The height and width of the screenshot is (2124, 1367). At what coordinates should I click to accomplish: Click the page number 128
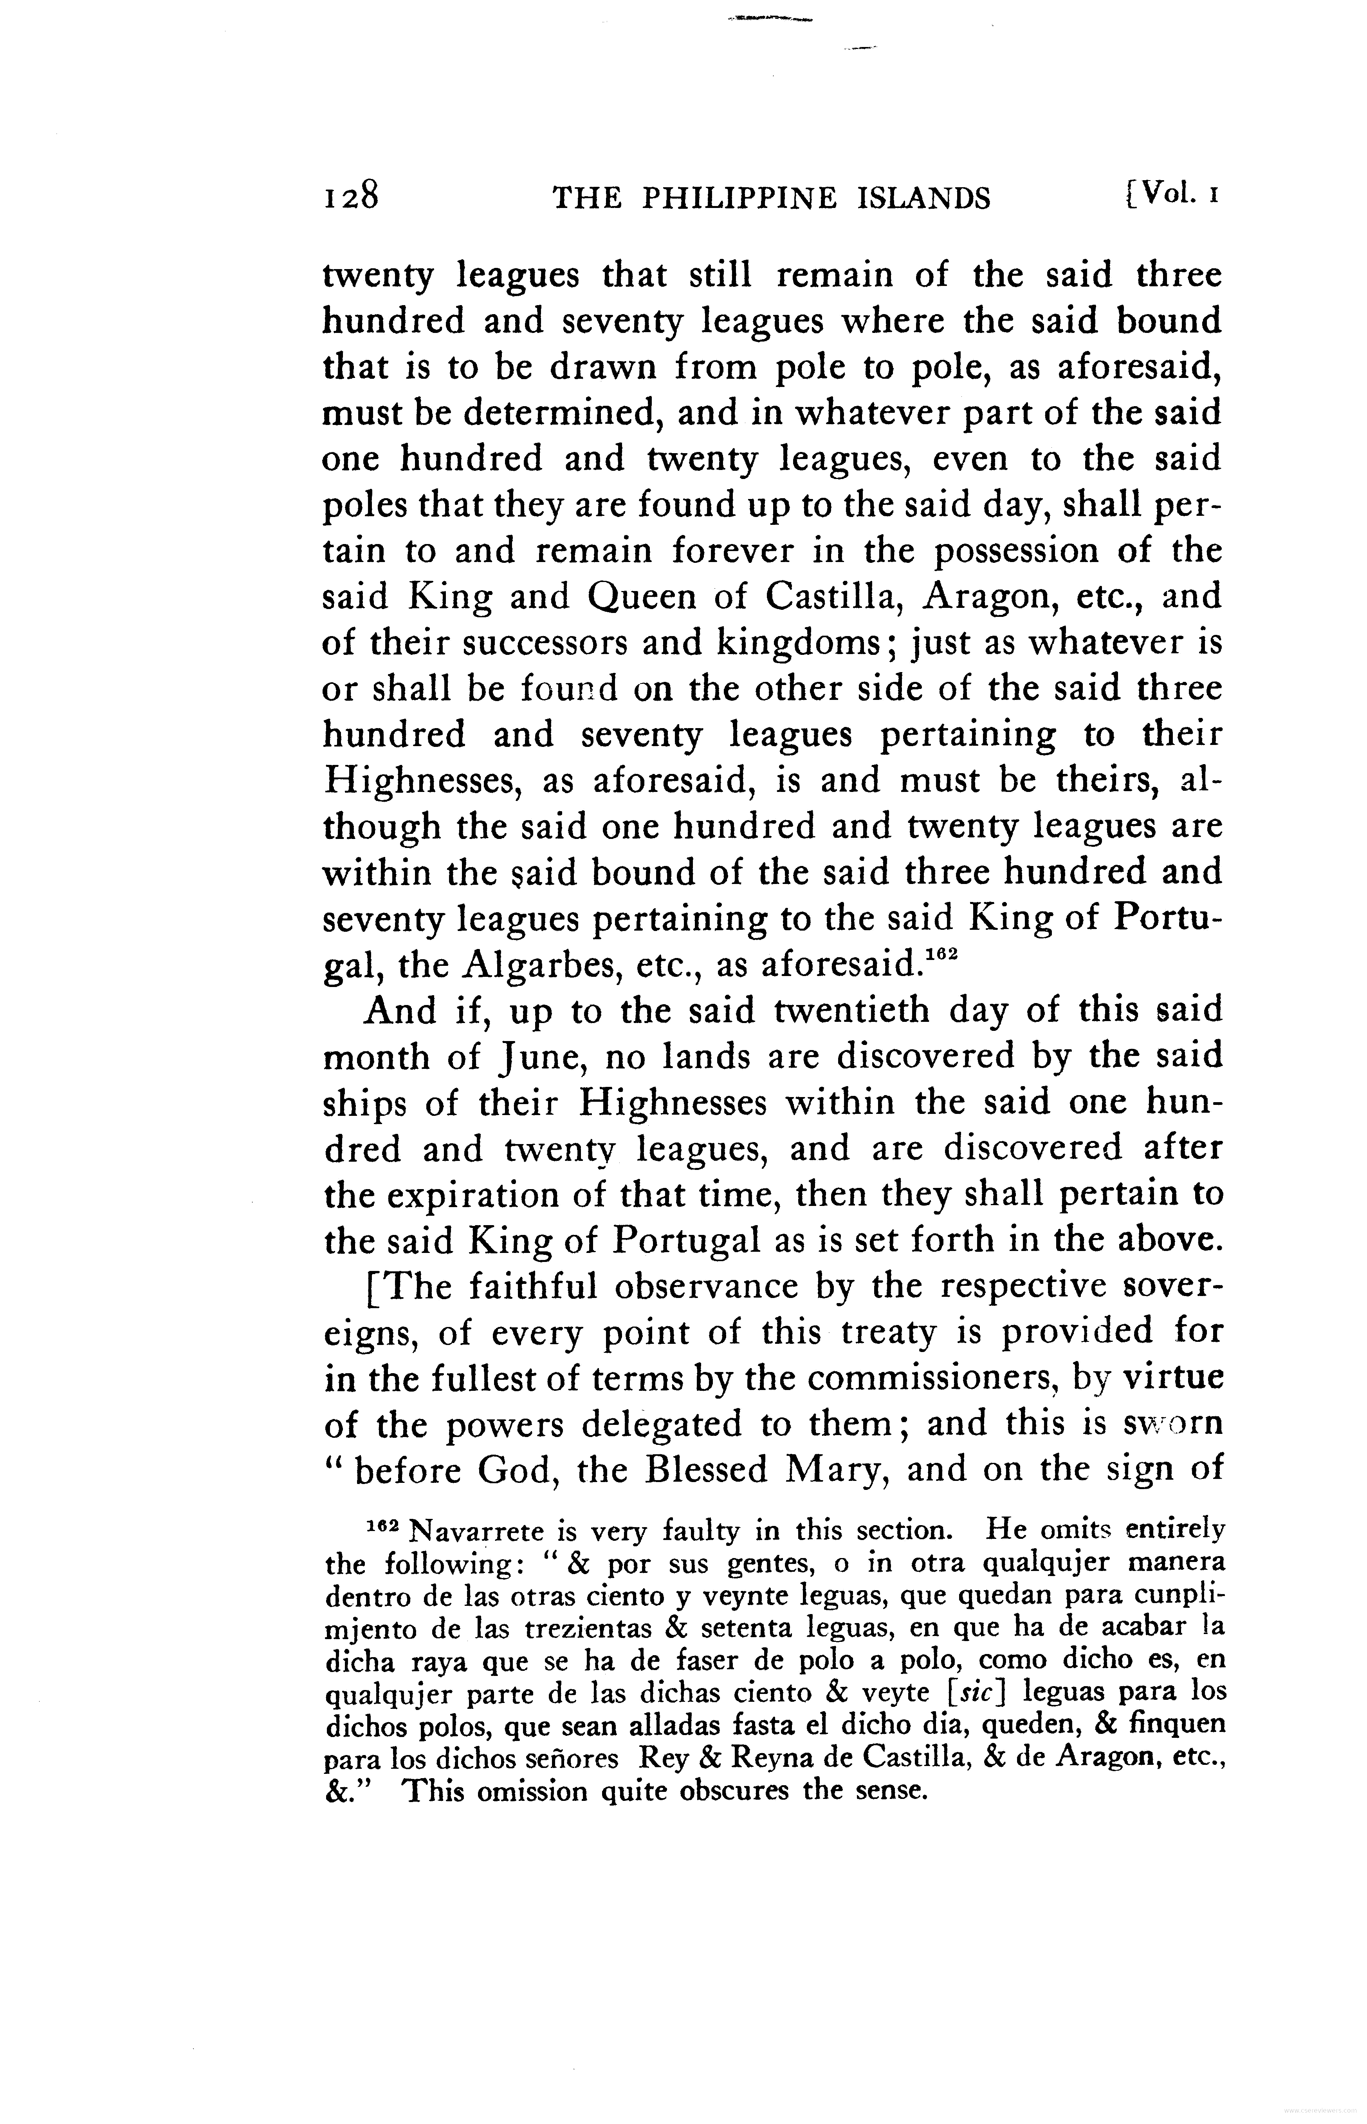click(x=351, y=195)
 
